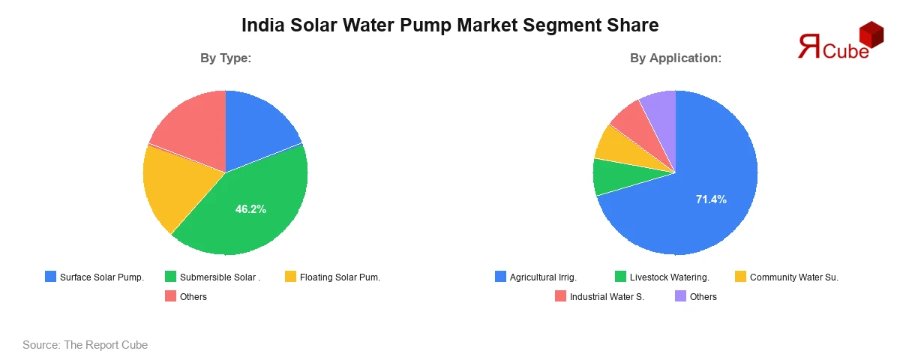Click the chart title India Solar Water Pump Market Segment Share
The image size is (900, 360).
point(450,25)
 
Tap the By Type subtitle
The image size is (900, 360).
point(225,58)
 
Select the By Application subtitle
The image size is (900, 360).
point(675,58)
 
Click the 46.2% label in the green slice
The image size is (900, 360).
point(250,209)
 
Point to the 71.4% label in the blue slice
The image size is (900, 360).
point(711,199)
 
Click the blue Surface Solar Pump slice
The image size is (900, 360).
point(259,127)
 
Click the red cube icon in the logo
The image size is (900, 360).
point(871,34)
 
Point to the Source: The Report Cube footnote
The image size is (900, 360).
point(85,345)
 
